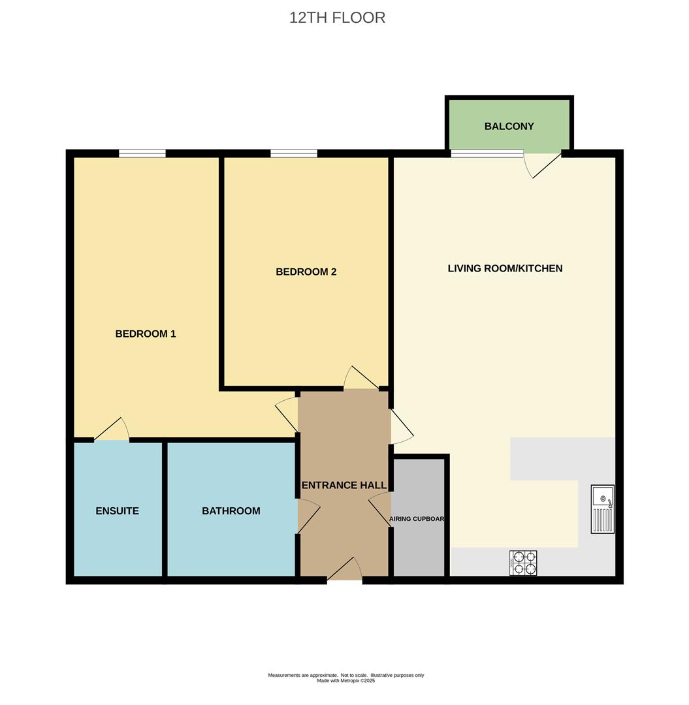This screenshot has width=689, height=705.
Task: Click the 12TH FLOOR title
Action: [337, 18]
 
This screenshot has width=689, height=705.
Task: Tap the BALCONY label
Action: [509, 126]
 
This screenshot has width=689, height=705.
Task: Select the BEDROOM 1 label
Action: [145, 334]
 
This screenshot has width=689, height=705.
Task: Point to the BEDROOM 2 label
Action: [306, 272]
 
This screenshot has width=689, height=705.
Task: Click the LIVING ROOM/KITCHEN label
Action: [505, 268]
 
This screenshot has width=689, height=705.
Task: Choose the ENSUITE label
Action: [117, 510]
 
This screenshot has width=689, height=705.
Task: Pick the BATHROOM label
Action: [231, 510]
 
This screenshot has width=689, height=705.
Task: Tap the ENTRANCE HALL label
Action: [344, 485]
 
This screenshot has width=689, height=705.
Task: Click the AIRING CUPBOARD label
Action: [417, 519]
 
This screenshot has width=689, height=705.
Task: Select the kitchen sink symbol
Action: [603, 509]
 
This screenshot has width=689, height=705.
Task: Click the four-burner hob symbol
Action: [523, 563]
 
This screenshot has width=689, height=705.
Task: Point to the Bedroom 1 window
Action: [142, 154]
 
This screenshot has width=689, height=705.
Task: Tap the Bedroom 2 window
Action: [294, 154]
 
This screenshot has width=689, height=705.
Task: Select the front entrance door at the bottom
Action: [345, 569]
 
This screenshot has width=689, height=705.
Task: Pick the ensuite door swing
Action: [112, 429]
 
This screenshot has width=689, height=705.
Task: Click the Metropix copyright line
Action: [346, 681]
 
